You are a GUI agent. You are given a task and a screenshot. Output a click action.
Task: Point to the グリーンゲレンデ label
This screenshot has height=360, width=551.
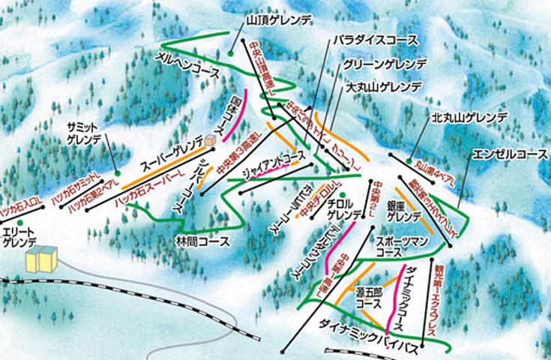pos(383,64)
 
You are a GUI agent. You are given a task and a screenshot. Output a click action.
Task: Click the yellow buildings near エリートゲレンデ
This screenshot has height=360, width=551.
pos(41,258)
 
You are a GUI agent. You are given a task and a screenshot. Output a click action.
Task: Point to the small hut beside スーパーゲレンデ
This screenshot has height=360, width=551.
pos(210,139)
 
